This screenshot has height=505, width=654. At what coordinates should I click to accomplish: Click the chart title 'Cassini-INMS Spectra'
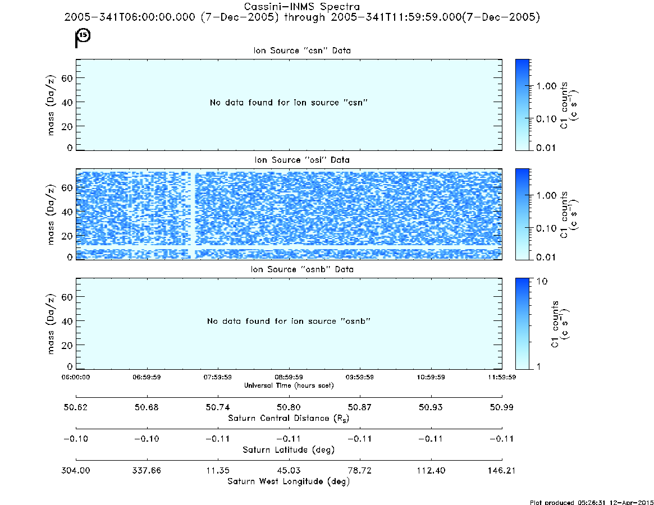click(x=301, y=7)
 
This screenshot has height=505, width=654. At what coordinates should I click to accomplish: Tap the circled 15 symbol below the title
click(x=84, y=35)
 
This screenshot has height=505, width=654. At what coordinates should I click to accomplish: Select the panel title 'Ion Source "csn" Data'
click(x=302, y=50)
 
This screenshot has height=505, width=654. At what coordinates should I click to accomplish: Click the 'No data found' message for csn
click(x=289, y=103)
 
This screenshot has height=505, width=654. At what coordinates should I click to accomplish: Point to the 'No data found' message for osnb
click(x=289, y=321)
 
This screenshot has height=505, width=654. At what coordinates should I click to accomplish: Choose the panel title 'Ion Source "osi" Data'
click(x=302, y=160)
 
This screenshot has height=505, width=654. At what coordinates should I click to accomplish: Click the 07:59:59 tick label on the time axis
click(x=218, y=377)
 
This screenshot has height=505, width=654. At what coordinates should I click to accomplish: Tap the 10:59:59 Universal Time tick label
click(x=431, y=377)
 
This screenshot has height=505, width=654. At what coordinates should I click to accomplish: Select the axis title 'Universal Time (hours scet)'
click(x=289, y=385)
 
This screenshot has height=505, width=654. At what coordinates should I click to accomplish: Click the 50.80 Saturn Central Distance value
click(x=289, y=407)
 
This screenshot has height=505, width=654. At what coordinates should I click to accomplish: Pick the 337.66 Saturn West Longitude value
click(x=147, y=470)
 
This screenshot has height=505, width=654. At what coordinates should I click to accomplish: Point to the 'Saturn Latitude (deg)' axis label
click(x=289, y=449)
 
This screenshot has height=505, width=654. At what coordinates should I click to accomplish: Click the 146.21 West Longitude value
click(x=501, y=470)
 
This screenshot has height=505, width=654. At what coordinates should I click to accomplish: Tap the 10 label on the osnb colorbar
click(x=542, y=281)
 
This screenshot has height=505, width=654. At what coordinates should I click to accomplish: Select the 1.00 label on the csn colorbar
click(x=546, y=86)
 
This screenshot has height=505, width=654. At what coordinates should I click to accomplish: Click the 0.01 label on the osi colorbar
click(x=546, y=257)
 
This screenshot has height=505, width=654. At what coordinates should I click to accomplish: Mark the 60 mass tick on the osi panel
click(x=67, y=187)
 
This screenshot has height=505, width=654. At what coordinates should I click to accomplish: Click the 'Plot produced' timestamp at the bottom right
click(x=592, y=502)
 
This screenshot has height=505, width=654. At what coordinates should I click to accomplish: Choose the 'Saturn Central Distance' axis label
click(x=289, y=418)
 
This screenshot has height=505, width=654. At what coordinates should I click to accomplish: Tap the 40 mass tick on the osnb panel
click(x=67, y=321)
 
